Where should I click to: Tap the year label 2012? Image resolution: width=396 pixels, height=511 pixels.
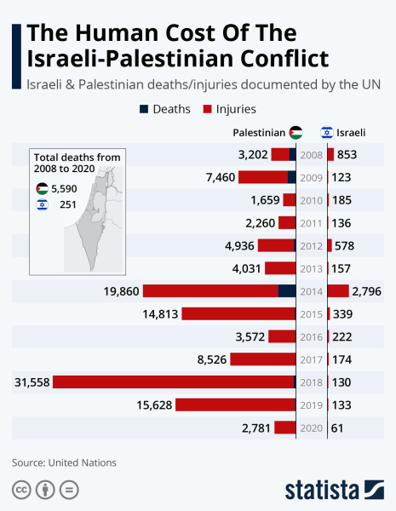point(311,245)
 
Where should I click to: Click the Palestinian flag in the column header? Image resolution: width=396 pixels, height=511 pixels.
point(295,133)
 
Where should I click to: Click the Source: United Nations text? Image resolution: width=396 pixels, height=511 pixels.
point(64,462)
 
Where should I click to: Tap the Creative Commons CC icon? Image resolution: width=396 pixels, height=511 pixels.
point(21,490)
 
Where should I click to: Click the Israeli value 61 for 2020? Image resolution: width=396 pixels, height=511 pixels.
point(337,428)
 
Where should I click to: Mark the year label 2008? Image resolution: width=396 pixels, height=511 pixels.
point(311,154)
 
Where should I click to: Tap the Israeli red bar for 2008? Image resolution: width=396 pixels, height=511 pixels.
point(330,154)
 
